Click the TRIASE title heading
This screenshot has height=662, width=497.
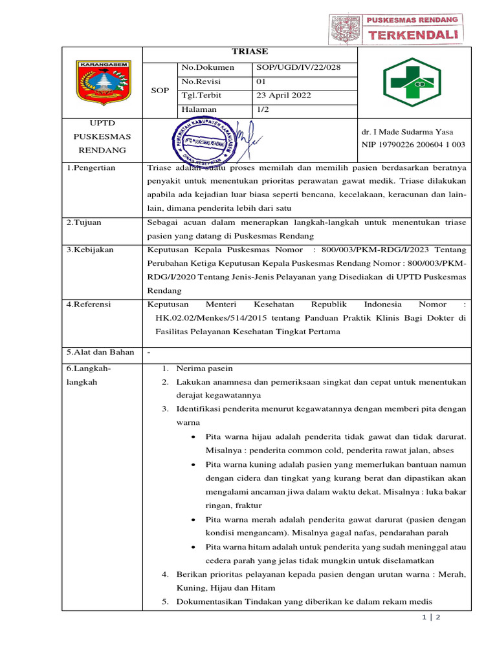coord(249,52)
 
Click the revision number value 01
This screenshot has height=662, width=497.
coord(262,81)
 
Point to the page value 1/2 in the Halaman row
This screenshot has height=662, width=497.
coord(262,110)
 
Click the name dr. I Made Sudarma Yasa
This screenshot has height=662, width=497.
coord(408,132)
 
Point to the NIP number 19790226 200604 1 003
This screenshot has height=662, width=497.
coord(413,144)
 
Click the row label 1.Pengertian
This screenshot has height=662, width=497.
coord(92,168)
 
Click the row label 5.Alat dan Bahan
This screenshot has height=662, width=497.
coord(101,352)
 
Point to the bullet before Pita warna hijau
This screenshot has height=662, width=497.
coord(195,438)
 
